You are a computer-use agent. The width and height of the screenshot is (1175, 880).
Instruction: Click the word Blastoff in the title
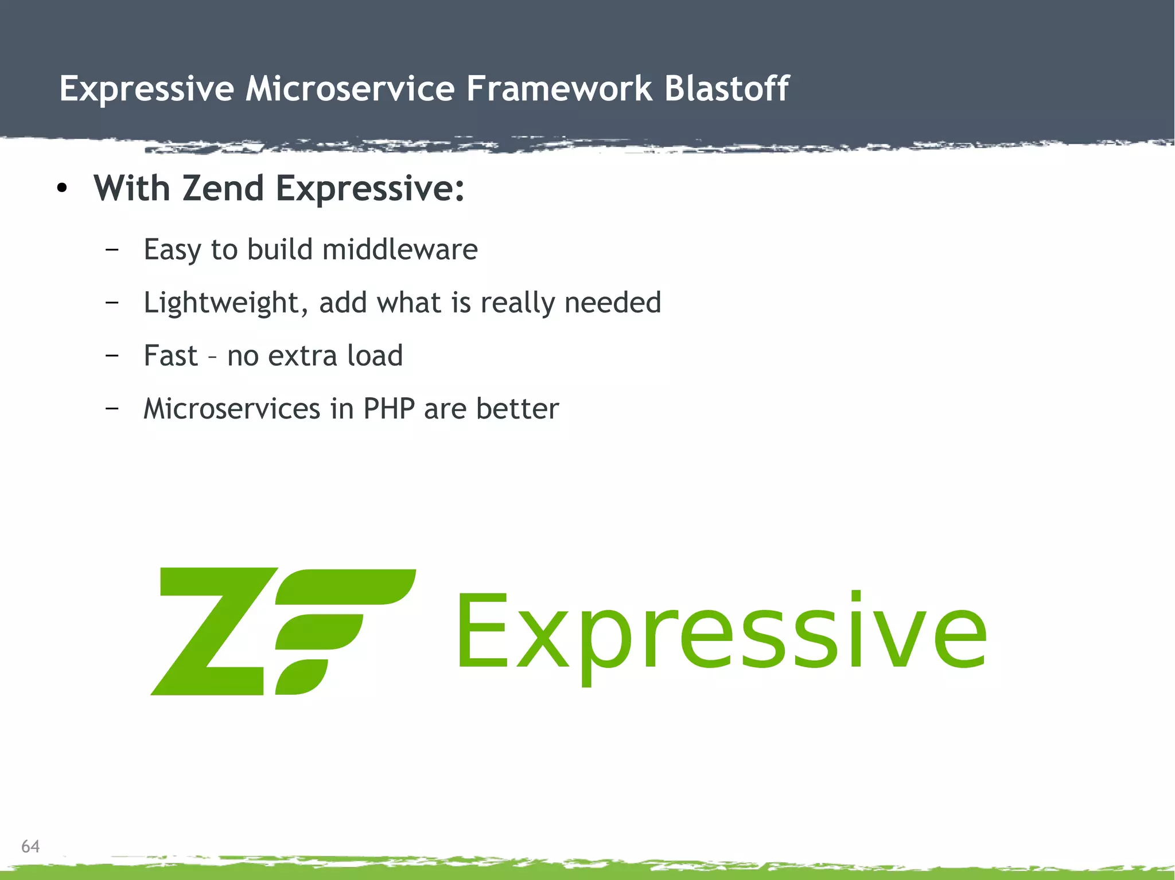726,89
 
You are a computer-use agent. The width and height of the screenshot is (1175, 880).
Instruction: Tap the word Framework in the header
559,89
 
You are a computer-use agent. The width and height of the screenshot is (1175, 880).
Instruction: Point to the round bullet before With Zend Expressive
63,189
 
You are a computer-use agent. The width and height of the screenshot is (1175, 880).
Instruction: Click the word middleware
400,249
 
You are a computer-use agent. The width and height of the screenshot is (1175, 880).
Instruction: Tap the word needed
612,302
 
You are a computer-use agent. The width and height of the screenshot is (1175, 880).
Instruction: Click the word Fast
170,355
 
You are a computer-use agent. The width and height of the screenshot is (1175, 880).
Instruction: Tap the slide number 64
30,846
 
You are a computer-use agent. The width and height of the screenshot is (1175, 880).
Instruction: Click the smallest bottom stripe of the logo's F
301,677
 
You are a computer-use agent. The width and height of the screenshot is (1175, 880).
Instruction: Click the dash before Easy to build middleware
112,249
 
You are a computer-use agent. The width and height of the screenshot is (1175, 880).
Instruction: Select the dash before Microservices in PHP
112,409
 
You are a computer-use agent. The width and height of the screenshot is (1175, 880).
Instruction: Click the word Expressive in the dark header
146,89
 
